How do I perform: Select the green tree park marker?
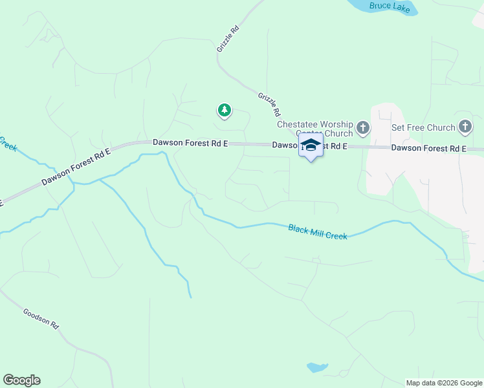point(225,111)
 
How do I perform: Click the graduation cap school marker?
point(311,145)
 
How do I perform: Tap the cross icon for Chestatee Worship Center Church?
point(362,128)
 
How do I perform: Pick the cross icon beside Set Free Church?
point(465,127)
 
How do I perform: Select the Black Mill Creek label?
point(318,232)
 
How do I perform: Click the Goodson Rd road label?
point(41,319)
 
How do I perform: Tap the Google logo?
point(21,380)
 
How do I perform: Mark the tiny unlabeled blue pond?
point(316,367)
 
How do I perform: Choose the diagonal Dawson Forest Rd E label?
point(76,167)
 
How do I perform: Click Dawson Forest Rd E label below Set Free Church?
point(428,149)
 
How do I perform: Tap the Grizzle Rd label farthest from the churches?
point(228,39)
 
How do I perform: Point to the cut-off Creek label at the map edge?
point(8,143)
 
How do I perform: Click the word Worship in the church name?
point(336,124)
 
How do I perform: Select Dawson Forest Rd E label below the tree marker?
point(190,142)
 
